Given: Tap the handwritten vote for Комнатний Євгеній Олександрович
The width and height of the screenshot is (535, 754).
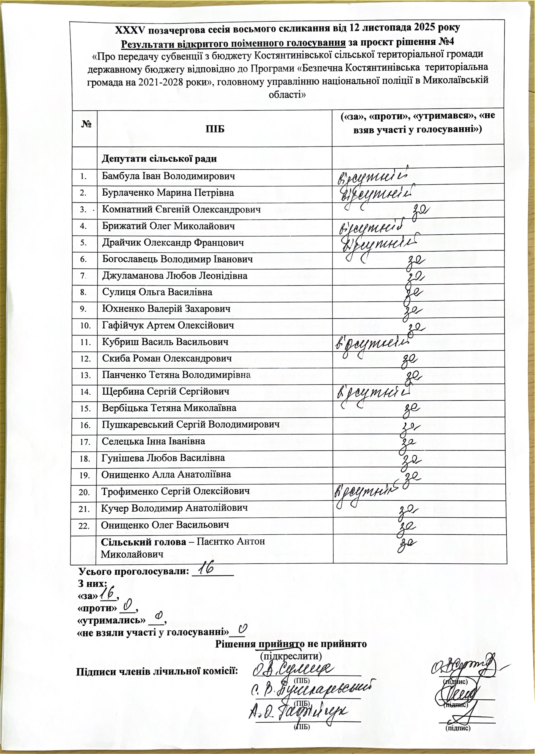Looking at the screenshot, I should [x=419, y=209].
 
